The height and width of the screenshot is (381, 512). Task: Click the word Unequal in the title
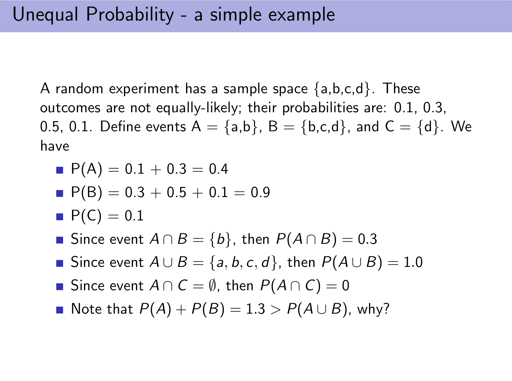click(45, 15)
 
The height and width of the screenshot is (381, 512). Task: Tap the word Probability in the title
click(130, 15)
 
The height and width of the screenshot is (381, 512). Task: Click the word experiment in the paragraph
click(144, 89)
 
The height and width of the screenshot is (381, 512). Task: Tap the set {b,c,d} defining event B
click(324, 127)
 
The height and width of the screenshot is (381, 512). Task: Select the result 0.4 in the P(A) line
click(218, 169)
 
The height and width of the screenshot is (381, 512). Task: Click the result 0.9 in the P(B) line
click(260, 192)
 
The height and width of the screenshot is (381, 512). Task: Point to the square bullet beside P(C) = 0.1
click(60, 217)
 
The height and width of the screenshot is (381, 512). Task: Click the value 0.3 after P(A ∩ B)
click(367, 239)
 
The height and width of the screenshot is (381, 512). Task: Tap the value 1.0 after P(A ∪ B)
click(413, 262)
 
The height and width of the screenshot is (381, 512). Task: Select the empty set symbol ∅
click(212, 286)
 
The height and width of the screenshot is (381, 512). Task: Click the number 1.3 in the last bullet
click(255, 309)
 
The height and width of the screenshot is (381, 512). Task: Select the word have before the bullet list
click(55, 145)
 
